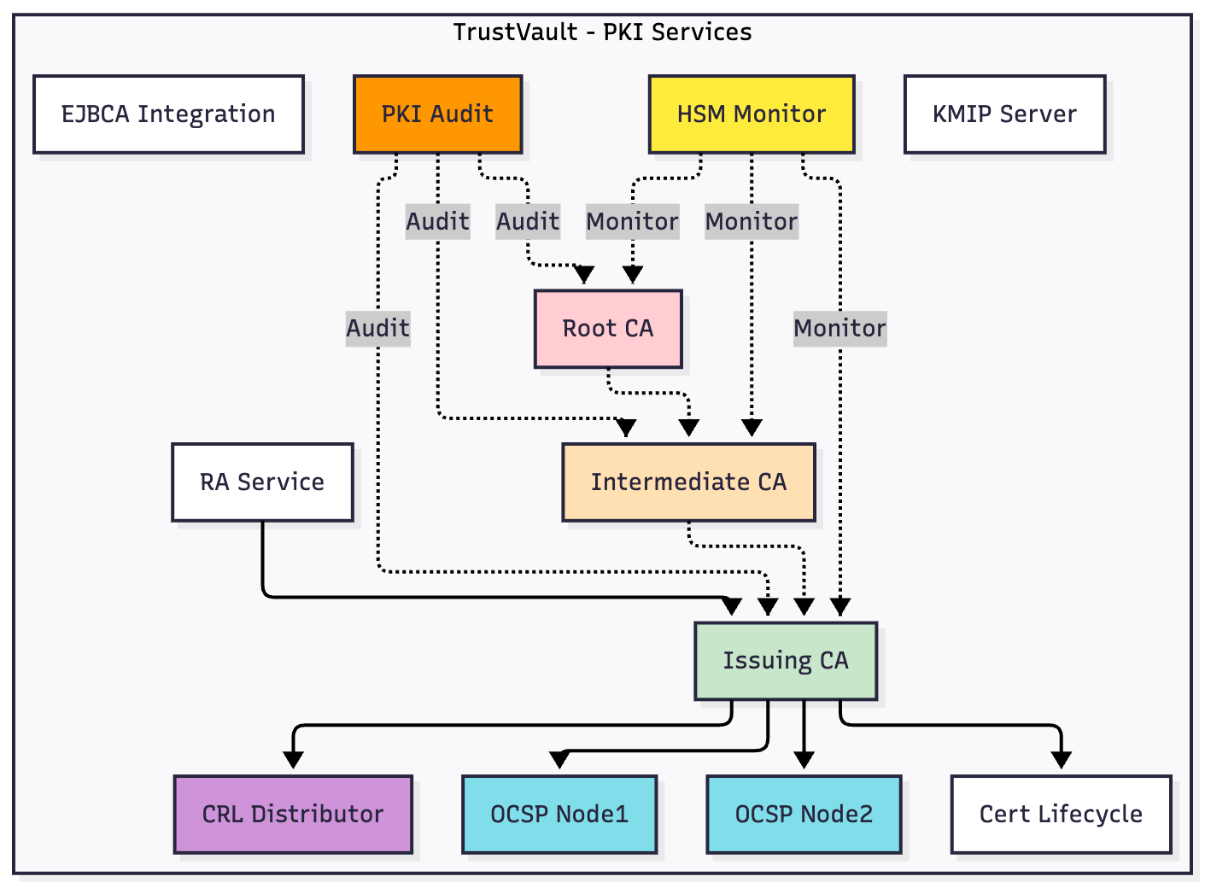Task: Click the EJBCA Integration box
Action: pyautogui.click(x=168, y=114)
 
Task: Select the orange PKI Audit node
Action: pyautogui.click(x=437, y=114)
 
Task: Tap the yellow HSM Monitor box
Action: pyautogui.click(x=751, y=114)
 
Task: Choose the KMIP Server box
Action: pyautogui.click(x=1004, y=114)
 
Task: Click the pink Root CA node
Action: pyautogui.click(x=608, y=329)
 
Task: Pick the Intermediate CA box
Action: pyautogui.click(x=688, y=482)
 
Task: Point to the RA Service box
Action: pyautogui.click(x=262, y=482)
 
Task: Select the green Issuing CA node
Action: pyautogui.click(x=786, y=661)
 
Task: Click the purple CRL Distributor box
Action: pyautogui.click(x=293, y=815)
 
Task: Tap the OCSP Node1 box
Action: pyautogui.click(x=559, y=815)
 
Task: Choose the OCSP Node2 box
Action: pyautogui.click(x=804, y=815)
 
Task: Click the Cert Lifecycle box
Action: pyautogui.click(x=1061, y=815)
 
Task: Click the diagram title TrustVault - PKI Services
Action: pyautogui.click(x=602, y=32)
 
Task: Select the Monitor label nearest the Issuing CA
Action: pyautogui.click(x=839, y=329)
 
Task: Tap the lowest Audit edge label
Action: pyautogui.click(x=377, y=329)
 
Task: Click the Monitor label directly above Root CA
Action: pyautogui.click(x=632, y=222)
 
